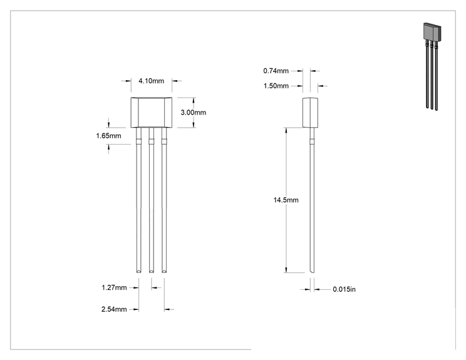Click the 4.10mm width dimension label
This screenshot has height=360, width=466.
pos(152,81)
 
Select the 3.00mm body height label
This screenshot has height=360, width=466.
pos(193,112)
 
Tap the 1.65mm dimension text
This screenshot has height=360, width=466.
pos(108,136)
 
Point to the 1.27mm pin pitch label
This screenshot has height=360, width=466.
pos(114,287)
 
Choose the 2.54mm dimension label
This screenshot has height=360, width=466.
pos(114,309)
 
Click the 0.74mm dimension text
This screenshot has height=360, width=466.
pos(276,71)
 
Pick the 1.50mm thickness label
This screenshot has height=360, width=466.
pos(276,86)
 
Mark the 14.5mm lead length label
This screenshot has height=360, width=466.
pos(286,200)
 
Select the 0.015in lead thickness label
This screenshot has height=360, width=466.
pos(344,289)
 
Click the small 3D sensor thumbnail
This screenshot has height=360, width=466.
pos(432,66)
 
